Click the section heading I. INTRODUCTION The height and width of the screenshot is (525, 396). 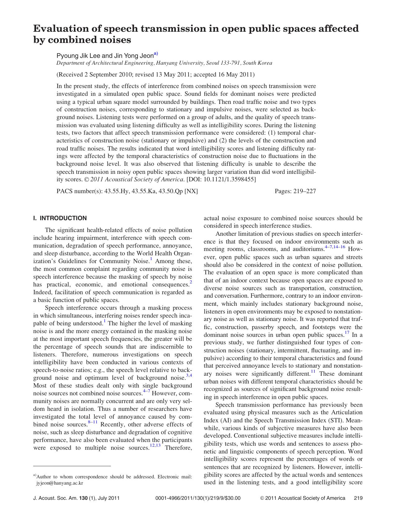tap(60, 218)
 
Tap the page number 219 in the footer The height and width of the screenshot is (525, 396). tap(358, 498)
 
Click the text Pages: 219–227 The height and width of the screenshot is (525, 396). tap(295, 191)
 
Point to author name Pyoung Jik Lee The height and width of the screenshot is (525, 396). tap(78, 56)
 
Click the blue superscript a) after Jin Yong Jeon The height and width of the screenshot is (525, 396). tap(156, 54)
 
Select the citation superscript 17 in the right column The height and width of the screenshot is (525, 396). tap(347, 333)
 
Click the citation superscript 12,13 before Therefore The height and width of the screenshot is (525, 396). tap(155, 445)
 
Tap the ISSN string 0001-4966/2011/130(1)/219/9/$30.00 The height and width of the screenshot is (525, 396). tap(198, 498)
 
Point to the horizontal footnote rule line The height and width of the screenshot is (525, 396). tap(72, 466)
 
